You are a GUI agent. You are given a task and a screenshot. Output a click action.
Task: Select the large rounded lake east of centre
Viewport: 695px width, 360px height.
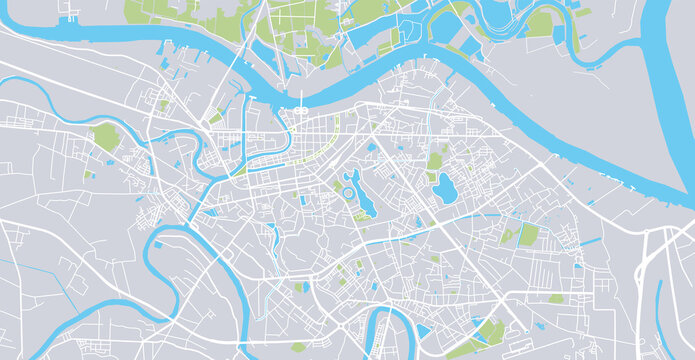(443, 186)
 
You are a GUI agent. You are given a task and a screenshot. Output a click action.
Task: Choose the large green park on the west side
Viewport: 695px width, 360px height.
(105, 138)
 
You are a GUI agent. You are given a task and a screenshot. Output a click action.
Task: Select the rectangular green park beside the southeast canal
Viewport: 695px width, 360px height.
(527, 235)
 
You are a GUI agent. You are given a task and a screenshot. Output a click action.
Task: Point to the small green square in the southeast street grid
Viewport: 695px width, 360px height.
(555, 298)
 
